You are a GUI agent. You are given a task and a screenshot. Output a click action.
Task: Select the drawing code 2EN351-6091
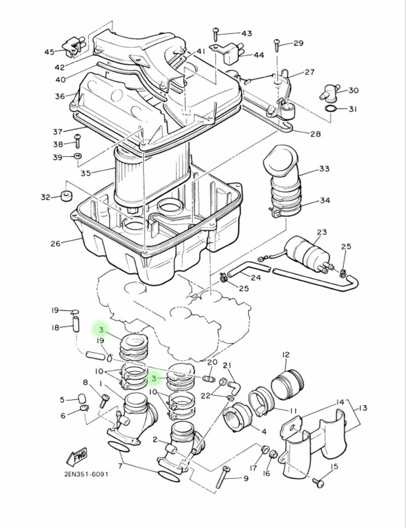(x=86, y=474)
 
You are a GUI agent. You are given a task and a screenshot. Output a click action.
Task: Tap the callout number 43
(x=247, y=33)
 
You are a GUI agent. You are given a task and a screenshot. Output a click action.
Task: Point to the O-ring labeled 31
(x=332, y=109)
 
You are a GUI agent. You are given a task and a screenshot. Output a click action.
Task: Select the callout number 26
(x=55, y=243)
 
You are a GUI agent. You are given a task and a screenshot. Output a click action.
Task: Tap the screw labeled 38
(x=78, y=141)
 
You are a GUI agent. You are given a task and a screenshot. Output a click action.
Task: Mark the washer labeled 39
(x=78, y=156)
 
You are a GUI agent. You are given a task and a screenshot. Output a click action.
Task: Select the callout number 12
(x=286, y=355)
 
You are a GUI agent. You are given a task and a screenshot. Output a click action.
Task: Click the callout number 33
(x=324, y=169)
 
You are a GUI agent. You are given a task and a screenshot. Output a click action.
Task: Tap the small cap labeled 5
(x=81, y=399)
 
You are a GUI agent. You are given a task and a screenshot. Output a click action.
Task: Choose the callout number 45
(x=49, y=52)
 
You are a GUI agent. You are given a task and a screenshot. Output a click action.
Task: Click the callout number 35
(x=86, y=173)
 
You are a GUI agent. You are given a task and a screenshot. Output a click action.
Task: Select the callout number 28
(x=315, y=134)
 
